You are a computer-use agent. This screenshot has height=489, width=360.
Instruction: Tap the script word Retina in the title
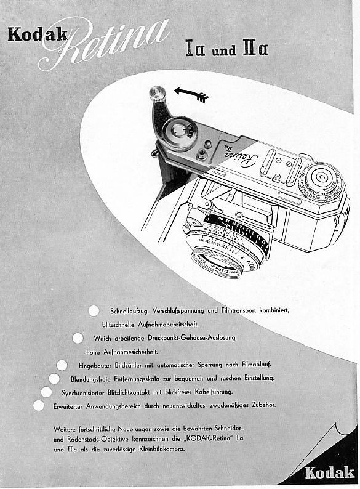[x=105, y=43]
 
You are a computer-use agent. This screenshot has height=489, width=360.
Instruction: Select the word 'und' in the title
[x=224, y=50]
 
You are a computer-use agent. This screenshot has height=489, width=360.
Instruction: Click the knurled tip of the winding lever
[x=158, y=95]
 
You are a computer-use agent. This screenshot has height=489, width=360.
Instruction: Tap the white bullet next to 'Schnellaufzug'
[x=94, y=310]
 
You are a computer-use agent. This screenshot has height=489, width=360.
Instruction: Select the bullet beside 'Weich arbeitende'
[x=78, y=338]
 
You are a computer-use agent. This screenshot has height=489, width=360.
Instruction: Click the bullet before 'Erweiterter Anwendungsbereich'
[x=38, y=405]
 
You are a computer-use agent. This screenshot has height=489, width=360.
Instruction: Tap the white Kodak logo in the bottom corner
[x=329, y=472]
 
